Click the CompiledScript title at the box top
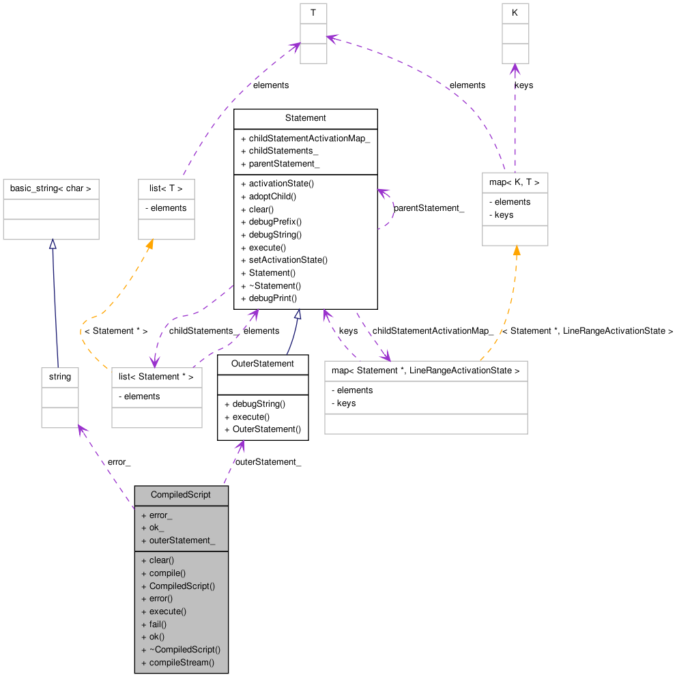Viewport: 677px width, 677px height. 181,495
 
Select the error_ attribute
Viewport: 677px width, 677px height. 160,515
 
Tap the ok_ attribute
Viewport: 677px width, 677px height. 156,528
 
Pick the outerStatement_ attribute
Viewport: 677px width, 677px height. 182,541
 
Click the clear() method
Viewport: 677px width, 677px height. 161,560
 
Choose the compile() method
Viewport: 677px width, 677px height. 167,573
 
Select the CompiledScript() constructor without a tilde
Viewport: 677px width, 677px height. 182,586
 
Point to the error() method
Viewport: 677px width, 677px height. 161,599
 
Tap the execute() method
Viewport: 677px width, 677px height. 167,611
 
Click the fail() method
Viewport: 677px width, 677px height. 158,624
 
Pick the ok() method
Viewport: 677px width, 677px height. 157,637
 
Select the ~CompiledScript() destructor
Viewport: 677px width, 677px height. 184,650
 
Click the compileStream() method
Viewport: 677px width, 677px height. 182,663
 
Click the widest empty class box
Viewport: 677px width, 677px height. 426,397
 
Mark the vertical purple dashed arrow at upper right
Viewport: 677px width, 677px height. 515,116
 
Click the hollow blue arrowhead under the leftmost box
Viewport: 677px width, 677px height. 53,244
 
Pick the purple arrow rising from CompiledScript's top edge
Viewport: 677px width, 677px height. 233,461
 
